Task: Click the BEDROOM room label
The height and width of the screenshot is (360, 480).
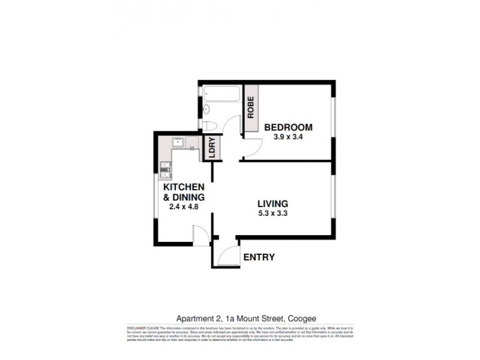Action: click(x=289, y=127)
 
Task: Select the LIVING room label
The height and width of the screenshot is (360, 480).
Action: click(x=273, y=203)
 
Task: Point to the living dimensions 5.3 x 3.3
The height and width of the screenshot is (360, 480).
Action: click(x=273, y=214)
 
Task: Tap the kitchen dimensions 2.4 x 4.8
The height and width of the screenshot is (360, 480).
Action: click(x=184, y=207)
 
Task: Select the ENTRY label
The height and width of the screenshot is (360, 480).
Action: click(x=259, y=257)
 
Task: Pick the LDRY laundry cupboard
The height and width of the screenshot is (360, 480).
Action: click(x=211, y=148)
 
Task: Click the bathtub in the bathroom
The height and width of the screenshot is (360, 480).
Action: click(x=222, y=95)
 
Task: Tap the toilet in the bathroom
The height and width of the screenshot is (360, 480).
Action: click(x=208, y=125)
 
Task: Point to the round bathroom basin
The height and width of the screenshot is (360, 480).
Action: click(x=206, y=109)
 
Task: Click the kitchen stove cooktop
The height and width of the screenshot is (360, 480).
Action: click(x=166, y=169)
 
